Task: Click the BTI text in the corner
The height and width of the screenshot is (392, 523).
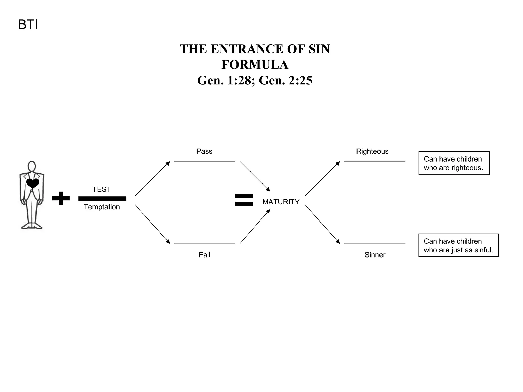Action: tap(28, 25)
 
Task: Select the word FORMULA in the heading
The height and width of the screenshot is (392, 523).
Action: tap(255, 65)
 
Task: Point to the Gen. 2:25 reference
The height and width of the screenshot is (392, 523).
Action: tap(286, 81)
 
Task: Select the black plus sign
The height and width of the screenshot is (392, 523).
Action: tap(61, 198)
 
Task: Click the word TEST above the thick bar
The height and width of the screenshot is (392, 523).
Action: tap(102, 189)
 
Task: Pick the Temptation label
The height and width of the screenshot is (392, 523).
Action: tap(102, 207)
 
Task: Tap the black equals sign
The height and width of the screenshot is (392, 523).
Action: tap(244, 200)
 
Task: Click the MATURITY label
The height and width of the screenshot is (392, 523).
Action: tap(281, 202)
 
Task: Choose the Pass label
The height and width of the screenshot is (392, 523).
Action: tap(204, 151)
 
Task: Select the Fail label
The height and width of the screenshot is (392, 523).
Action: tap(204, 255)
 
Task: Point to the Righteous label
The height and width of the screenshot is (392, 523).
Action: tap(372, 151)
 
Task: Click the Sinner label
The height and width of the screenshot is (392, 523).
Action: tap(375, 255)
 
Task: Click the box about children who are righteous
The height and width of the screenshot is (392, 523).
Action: tap(454, 163)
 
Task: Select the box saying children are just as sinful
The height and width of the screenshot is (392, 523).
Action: tap(458, 245)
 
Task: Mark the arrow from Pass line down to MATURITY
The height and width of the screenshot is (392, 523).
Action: tap(255, 176)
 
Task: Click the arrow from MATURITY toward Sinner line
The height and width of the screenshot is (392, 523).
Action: tap(322, 224)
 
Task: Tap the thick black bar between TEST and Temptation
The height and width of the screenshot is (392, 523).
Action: tap(102, 198)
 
